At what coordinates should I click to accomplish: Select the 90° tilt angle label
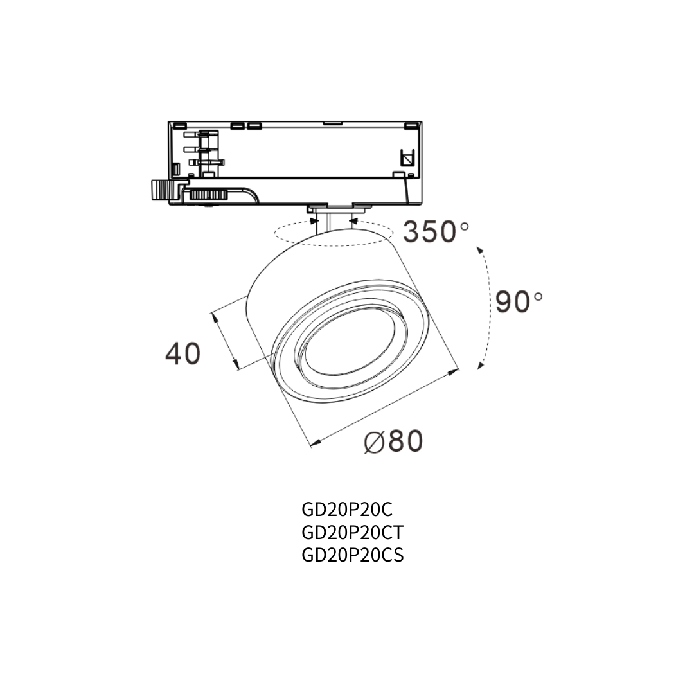tap(519, 301)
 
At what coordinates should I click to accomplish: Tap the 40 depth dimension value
tap(182, 353)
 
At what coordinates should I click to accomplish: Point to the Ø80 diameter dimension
tap(393, 441)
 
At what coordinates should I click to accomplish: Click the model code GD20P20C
tap(346, 510)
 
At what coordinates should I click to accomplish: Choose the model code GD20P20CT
tap(353, 533)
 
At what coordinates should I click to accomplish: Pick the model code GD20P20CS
tap(352, 555)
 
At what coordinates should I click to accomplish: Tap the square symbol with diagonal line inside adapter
tap(406, 157)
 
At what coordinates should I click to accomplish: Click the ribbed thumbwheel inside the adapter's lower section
tap(208, 193)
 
